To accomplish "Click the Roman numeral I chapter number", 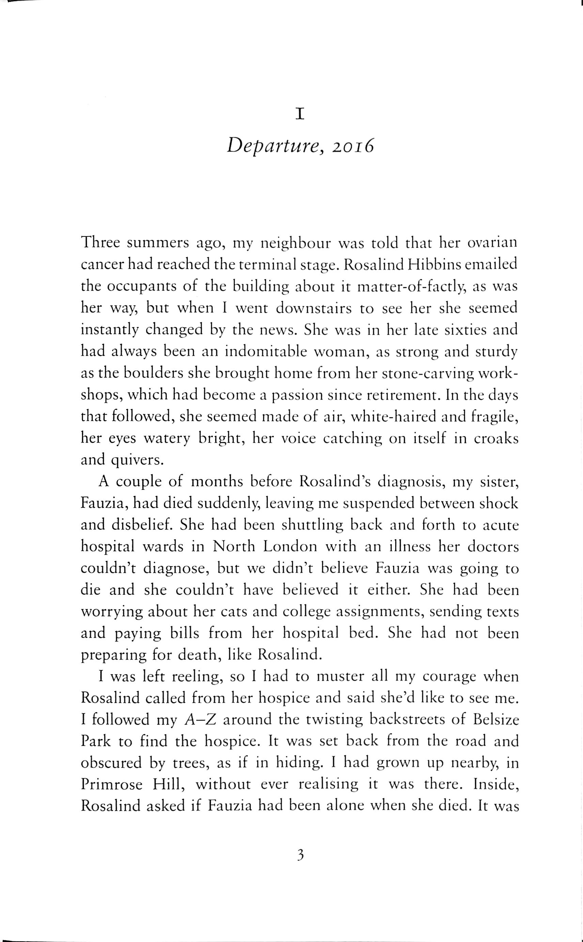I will tap(300, 114).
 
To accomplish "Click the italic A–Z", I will tap(201, 720).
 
